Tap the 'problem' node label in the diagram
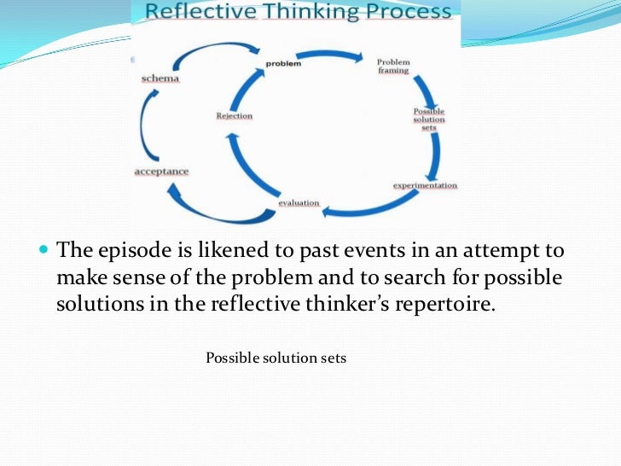(x=282, y=63)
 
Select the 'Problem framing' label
(x=393, y=66)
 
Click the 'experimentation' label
(x=425, y=185)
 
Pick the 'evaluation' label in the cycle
(x=299, y=202)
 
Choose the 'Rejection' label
(x=235, y=115)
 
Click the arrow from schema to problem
(x=213, y=53)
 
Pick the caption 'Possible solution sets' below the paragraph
(x=276, y=358)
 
